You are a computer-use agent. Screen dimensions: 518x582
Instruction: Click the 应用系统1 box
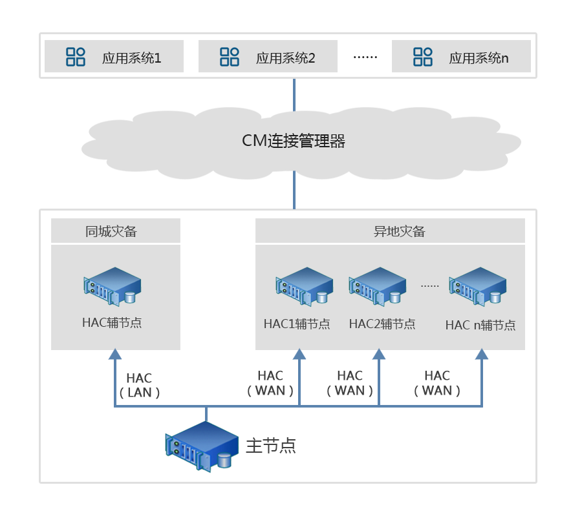tap(114, 57)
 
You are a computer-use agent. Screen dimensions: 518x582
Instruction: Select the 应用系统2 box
tap(268, 57)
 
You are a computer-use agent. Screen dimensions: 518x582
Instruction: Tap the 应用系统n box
tap(461, 57)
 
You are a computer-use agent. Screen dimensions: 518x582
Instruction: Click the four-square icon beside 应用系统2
tap(230, 57)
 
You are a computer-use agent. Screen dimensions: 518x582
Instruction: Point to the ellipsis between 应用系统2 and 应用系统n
tap(365, 57)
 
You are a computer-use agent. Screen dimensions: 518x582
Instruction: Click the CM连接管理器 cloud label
tap(294, 141)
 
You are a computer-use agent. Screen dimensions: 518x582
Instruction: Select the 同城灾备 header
tap(115, 231)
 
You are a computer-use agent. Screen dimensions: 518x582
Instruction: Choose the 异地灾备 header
tap(390, 231)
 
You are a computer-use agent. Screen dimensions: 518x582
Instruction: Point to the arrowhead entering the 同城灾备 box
tap(115, 354)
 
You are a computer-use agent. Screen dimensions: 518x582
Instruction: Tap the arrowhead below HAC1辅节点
tap(299, 354)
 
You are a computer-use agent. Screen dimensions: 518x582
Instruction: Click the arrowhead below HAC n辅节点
tap(482, 354)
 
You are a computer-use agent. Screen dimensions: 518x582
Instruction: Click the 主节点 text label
tap(271, 446)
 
